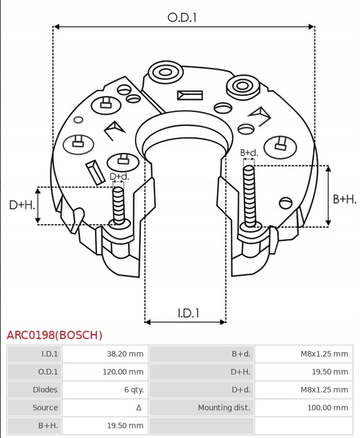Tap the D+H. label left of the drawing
(22, 205)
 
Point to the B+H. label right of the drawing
(344, 199)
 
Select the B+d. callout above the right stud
(249, 153)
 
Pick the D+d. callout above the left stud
(119, 176)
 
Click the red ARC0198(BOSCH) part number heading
(55, 334)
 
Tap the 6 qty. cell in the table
(134, 390)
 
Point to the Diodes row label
(45, 390)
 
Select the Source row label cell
(45, 408)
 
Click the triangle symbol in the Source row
(138, 408)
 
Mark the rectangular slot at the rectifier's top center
(187, 94)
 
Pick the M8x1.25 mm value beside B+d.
(322, 354)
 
